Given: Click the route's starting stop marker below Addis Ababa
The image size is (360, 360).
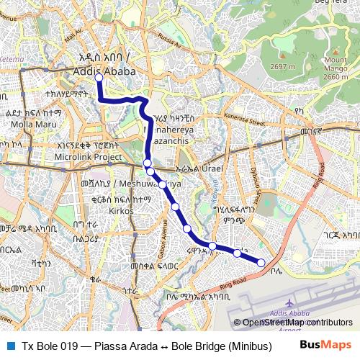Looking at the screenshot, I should point(99,78).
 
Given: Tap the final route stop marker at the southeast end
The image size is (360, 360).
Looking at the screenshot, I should point(261,262).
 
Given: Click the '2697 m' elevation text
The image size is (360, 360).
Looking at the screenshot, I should point(277,67).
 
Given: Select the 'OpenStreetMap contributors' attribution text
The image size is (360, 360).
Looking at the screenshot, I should point(297,323).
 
